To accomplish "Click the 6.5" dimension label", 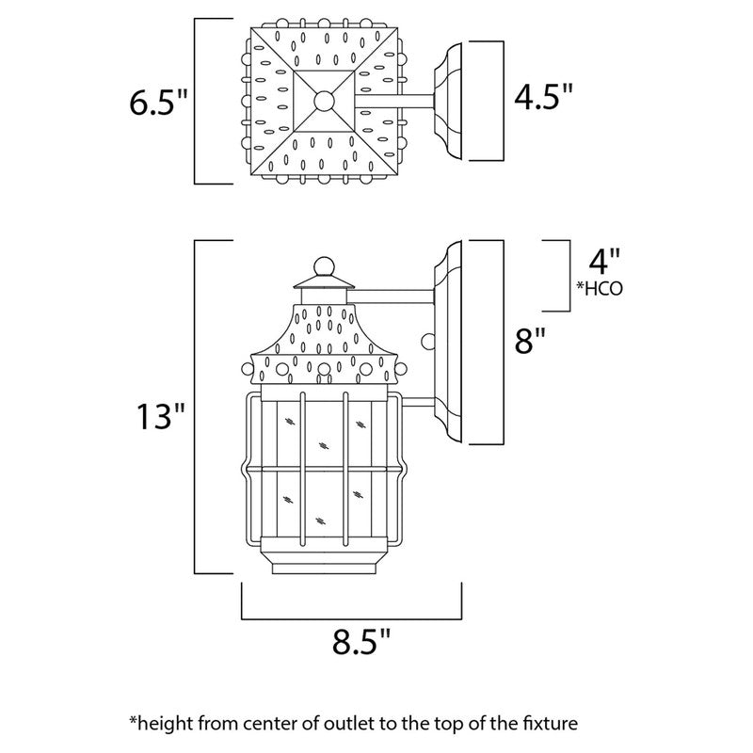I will (x=158, y=102).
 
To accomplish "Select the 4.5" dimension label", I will (x=541, y=98).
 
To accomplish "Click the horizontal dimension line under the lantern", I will (x=350, y=618).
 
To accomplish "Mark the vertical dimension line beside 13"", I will (x=195, y=407).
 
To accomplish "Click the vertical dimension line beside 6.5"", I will (x=195, y=100).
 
